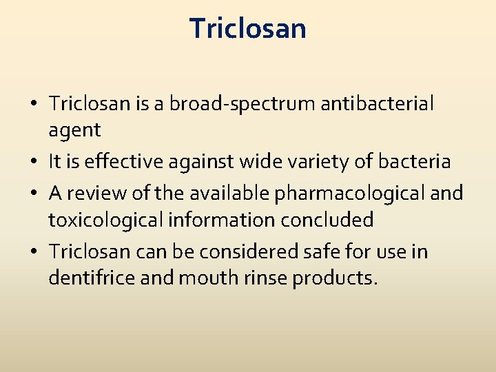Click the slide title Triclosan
248,29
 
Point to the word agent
74,130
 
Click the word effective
109,162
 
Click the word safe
323,252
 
